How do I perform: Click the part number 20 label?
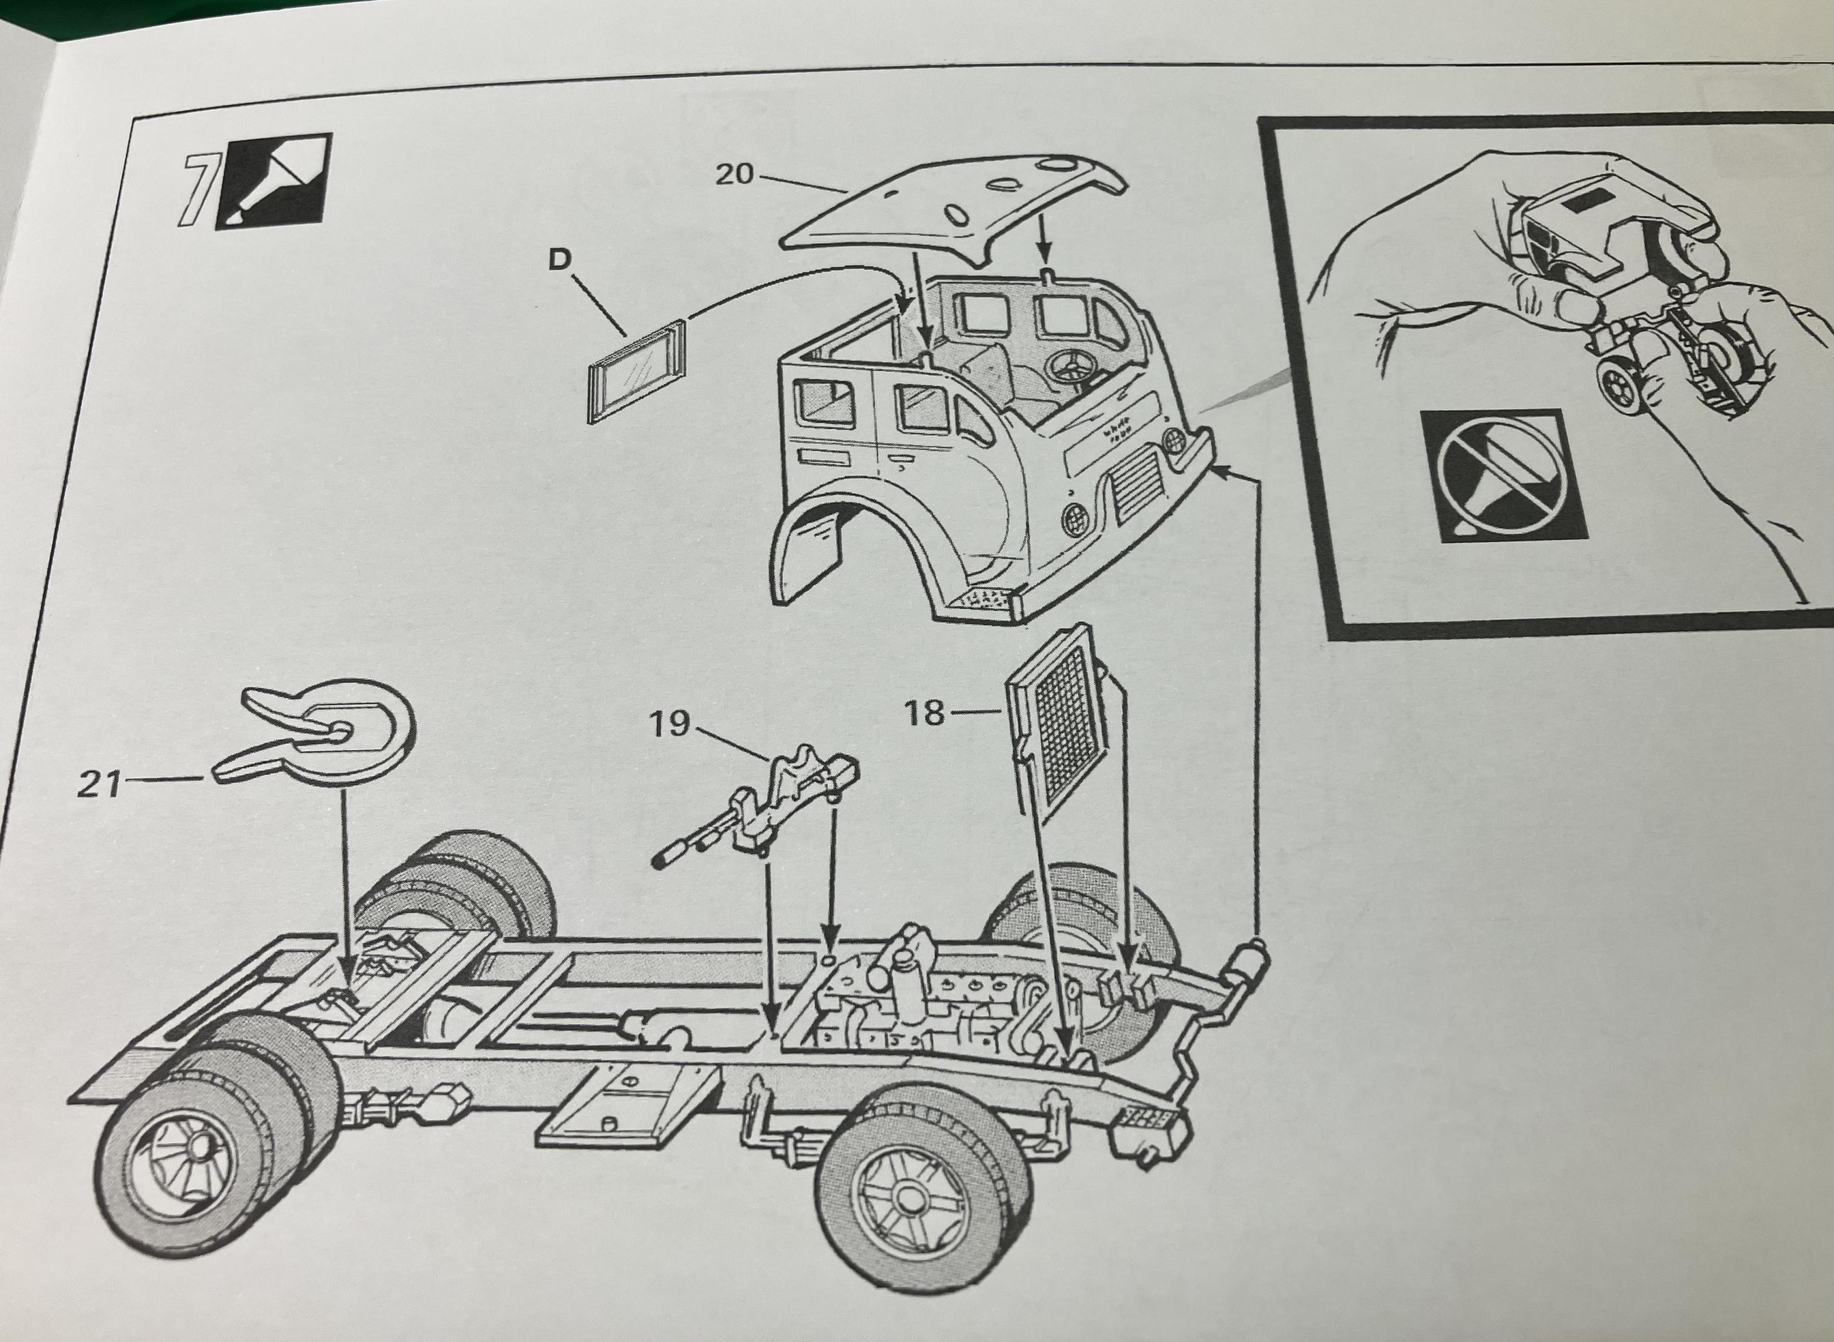click(734, 174)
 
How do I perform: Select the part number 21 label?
click(99, 784)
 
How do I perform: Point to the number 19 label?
click(669, 724)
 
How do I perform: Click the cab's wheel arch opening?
click(852, 552)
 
